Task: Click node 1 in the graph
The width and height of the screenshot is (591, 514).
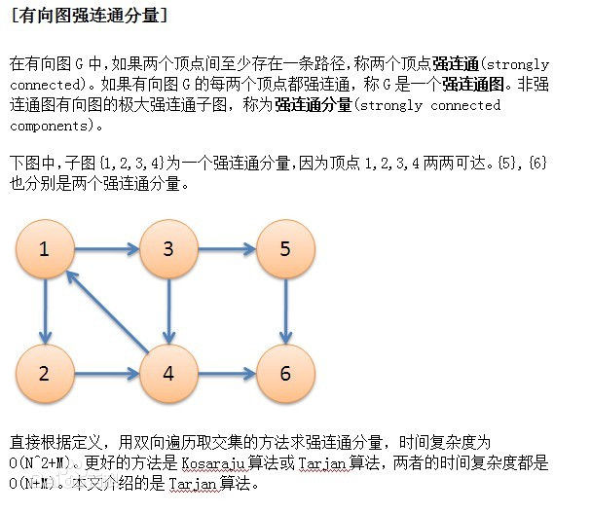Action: [x=45, y=250]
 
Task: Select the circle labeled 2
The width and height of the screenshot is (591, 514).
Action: [x=45, y=373]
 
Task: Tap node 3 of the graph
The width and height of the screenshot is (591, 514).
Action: [x=168, y=250]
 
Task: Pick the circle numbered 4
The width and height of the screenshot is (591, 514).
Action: [x=168, y=373]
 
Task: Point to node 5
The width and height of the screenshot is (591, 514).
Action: [x=284, y=250]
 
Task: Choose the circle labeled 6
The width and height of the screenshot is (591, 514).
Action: [x=284, y=373]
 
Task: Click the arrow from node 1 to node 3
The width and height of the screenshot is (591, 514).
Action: [x=106, y=250]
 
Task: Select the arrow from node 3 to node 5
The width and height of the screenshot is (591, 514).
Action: [x=226, y=250]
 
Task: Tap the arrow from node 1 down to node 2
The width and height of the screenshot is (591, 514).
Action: [x=45, y=312]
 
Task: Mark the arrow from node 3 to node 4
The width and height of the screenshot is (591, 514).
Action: [x=168, y=312]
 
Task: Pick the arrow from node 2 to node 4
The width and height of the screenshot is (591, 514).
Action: [x=106, y=373]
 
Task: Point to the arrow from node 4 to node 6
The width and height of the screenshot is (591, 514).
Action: [x=226, y=373]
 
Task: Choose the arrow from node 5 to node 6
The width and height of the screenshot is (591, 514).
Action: [x=284, y=312]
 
